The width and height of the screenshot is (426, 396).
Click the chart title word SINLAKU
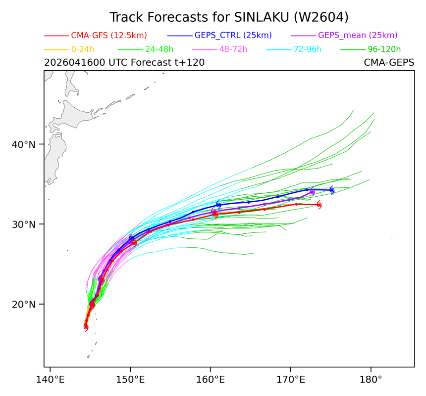click(x=262, y=17)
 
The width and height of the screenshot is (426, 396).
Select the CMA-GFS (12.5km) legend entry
click(x=109, y=35)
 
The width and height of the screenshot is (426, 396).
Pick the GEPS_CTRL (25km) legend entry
click(x=233, y=35)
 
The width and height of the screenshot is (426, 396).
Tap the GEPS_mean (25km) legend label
click(x=358, y=35)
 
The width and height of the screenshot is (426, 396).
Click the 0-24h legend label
click(x=83, y=49)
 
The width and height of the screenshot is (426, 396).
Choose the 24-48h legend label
click(x=159, y=49)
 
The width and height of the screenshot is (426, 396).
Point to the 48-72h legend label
click(x=233, y=49)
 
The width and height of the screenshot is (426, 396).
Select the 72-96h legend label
click(x=308, y=49)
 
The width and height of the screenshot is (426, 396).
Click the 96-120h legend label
click(x=384, y=49)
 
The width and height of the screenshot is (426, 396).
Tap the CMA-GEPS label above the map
click(x=389, y=63)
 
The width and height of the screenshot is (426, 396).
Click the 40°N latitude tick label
click(x=24, y=144)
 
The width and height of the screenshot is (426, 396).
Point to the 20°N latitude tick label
click(x=24, y=305)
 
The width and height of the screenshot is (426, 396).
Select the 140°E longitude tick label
click(x=50, y=380)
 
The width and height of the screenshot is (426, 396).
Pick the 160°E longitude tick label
click(x=211, y=380)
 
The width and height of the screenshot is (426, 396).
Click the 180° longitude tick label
click(x=371, y=380)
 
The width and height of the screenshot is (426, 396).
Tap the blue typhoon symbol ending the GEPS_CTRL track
click(x=332, y=190)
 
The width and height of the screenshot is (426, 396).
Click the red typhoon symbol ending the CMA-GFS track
click(x=319, y=205)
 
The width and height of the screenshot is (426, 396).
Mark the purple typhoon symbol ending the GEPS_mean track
click(x=312, y=192)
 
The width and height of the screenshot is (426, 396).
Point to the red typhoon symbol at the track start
click(x=86, y=327)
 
